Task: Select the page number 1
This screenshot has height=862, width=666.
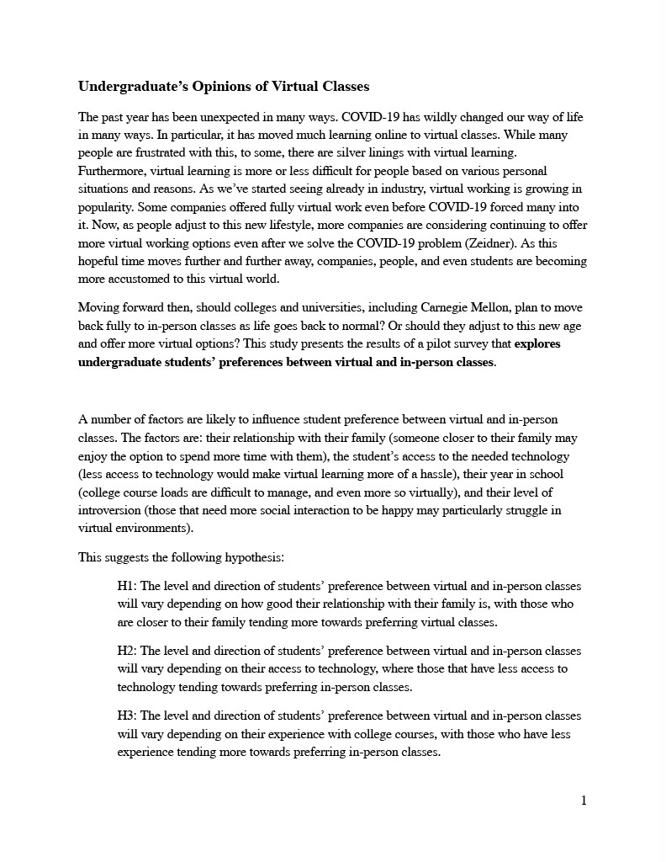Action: [584, 800]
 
